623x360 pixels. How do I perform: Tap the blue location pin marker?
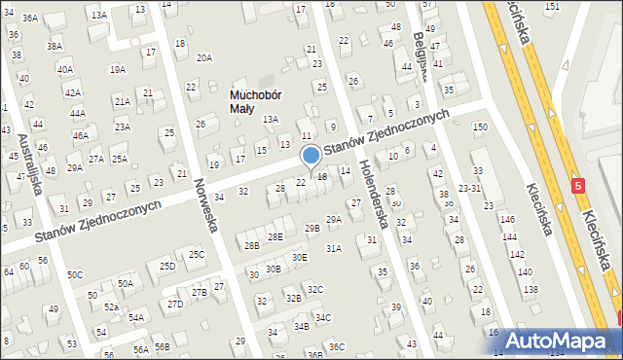(311, 156)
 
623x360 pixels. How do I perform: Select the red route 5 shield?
(578, 184)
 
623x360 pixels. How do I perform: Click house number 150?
(479, 127)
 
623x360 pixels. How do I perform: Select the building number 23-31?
(470, 188)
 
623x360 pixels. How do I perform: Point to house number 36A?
(30, 18)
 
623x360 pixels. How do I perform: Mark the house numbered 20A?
(203, 58)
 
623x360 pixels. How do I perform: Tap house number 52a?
(112, 307)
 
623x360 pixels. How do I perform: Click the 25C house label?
(197, 255)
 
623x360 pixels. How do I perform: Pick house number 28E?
(275, 236)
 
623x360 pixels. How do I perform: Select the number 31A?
(334, 249)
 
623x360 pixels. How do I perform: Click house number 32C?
(315, 290)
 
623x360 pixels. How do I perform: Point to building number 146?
(508, 220)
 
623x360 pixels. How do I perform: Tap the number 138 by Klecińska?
(531, 290)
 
